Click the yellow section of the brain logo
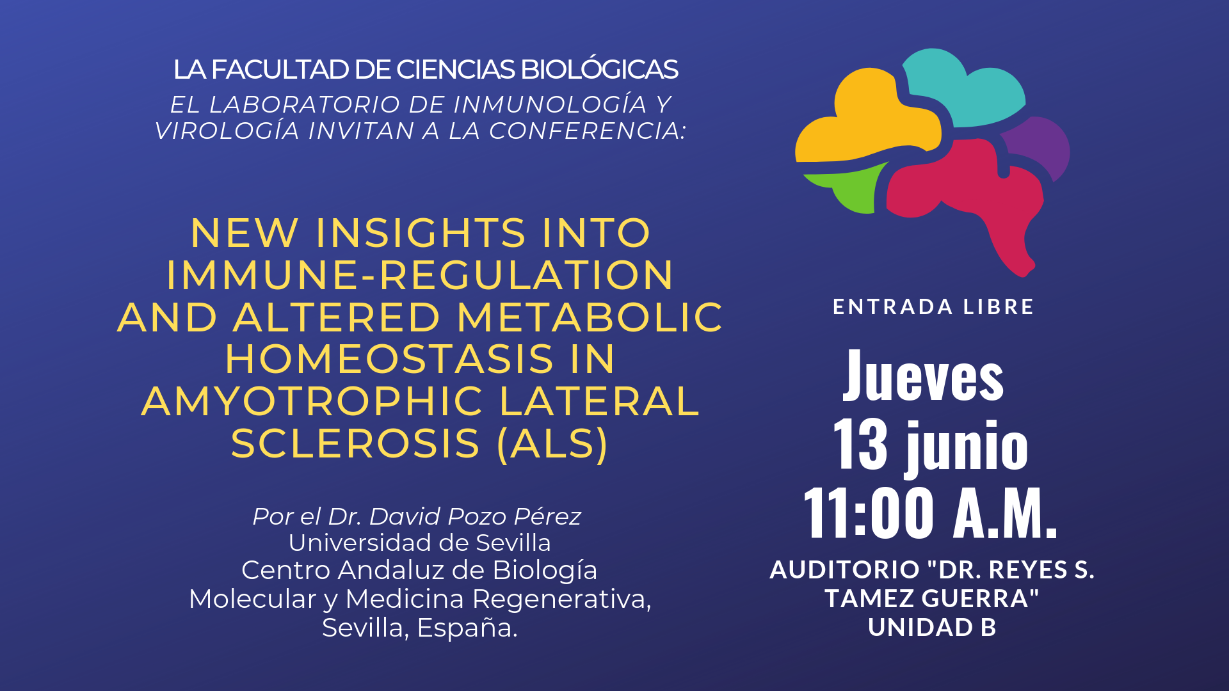(x=864, y=122)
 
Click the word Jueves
(x=923, y=376)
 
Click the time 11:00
(x=868, y=512)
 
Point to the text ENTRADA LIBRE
(x=933, y=307)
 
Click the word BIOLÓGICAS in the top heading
(x=600, y=69)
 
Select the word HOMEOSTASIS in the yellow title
(x=389, y=359)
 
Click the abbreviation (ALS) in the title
(x=552, y=444)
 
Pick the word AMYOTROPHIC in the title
(x=312, y=401)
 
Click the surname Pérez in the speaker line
(x=548, y=516)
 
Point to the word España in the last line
(x=467, y=628)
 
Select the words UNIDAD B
(x=932, y=628)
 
